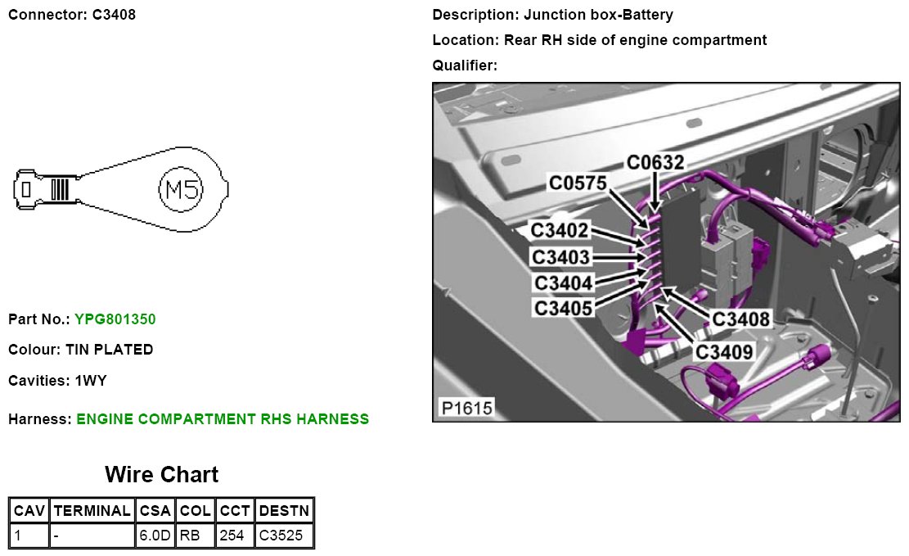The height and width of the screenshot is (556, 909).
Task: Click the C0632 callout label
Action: tap(655, 163)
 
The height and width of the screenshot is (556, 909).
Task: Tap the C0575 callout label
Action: tap(578, 183)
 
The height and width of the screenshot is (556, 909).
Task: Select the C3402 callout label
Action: tap(560, 231)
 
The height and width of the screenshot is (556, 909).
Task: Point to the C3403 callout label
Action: tap(560, 257)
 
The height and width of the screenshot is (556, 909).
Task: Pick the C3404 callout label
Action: tap(563, 283)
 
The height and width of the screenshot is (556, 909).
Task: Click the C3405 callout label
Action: tap(563, 308)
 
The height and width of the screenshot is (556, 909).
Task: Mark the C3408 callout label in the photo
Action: tap(741, 319)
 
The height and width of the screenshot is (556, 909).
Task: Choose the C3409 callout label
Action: tap(723, 352)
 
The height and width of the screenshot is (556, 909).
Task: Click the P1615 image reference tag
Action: tap(466, 407)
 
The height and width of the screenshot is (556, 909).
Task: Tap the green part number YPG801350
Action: tap(115, 319)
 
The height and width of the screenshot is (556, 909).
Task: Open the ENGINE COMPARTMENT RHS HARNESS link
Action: tap(223, 419)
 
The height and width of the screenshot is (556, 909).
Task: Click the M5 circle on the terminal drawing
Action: tap(179, 190)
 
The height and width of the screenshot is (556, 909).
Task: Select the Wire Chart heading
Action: tap(161, 475)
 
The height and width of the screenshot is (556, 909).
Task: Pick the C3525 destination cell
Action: tap(284, 536)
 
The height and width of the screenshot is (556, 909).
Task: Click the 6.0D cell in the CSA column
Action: tap(155, 536)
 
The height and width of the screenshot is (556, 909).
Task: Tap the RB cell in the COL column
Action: tap(196, 536)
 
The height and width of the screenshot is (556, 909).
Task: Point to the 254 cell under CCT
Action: tap(236, 536)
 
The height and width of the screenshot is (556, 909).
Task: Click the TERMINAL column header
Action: tap(92, 511)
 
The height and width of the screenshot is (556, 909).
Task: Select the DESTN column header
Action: tap(284, 511)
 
